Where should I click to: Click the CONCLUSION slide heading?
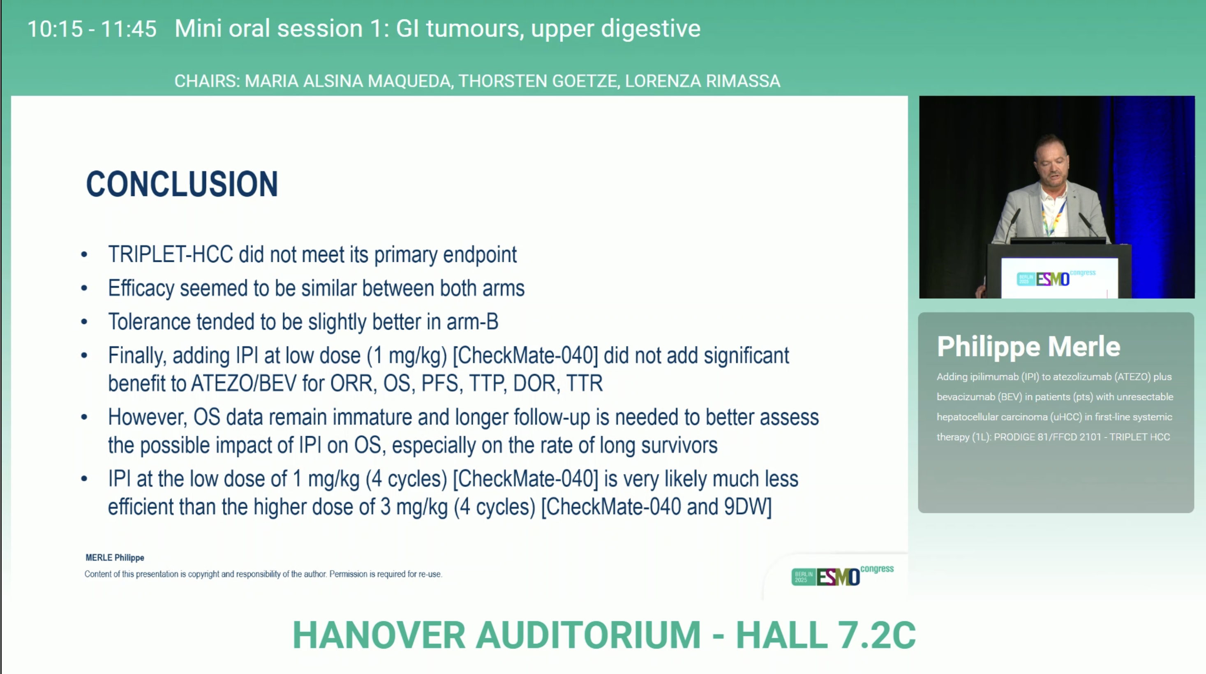click(182, 184)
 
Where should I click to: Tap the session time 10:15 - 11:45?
click(92, 29)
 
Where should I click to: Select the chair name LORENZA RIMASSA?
click(702, 81)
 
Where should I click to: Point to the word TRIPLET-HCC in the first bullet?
click(171, 254)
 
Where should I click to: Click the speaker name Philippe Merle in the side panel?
click(1028, 346)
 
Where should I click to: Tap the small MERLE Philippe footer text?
click(115, 557)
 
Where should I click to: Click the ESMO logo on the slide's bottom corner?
click(842, 575)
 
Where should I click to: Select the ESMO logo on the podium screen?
click(1056, 279)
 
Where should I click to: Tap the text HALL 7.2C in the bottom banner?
click(825, 635)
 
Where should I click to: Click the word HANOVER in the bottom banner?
click(379, 635)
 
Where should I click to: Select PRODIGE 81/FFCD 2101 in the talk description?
click(1047, 437)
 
